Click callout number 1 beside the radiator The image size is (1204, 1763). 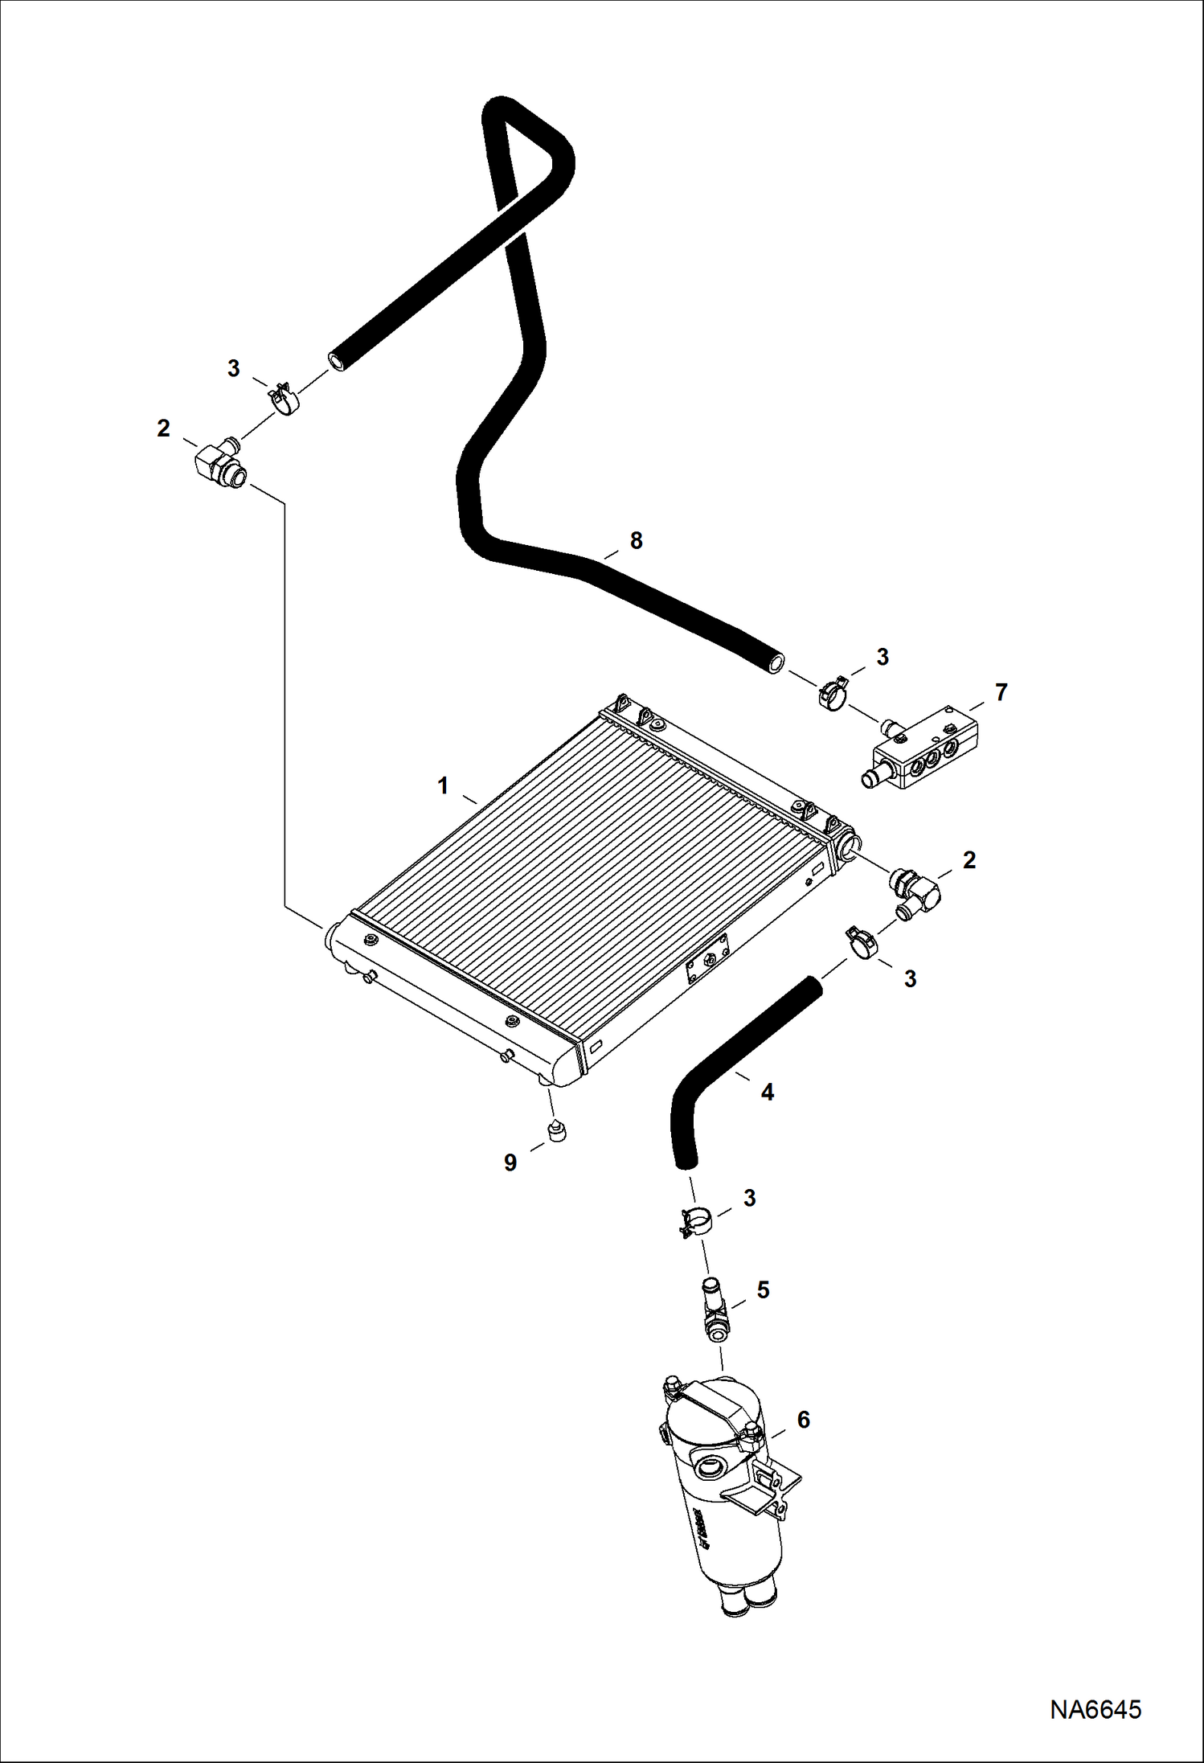point(442,785)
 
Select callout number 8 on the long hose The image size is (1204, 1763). point(636,541)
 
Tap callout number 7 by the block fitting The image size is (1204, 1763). point(1001,692)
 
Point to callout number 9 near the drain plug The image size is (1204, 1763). point(510,1162)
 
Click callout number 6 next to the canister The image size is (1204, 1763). point(803,1420)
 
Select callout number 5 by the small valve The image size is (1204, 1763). point(763,1289)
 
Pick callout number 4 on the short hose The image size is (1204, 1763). point(767,1093)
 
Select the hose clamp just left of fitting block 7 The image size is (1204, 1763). point(833,693)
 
